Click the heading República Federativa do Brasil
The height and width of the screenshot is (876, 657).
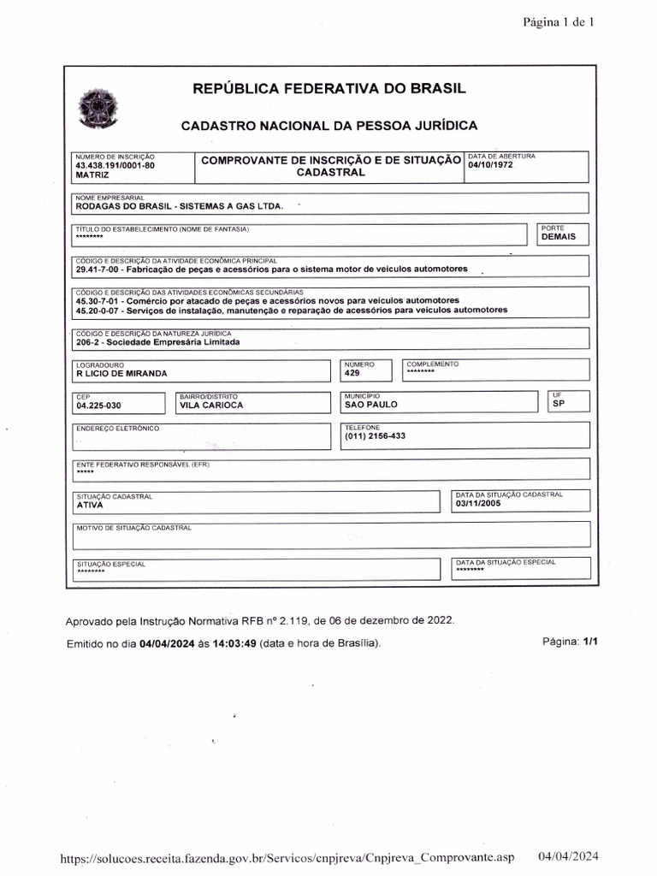click(x=329, y=89)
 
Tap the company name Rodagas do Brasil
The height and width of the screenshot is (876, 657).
click(x=180, y=206)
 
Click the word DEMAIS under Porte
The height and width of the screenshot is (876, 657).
click(x=559, y=237)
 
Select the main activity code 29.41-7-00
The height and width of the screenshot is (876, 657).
click(x=99, y=269)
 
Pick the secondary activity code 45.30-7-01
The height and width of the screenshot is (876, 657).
click(x=99, y=301)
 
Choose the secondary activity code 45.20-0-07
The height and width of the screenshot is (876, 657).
click(x=99, y=311)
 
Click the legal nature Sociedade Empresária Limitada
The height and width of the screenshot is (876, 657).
click(x=158, y=342)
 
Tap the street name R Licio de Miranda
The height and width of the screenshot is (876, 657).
click(x=121, y=374)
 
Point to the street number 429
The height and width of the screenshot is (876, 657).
click(x=352, y=374)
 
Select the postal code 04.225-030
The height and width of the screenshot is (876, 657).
click(x=101, y=405)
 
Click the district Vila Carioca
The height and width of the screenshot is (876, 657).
click(x=211, y=405)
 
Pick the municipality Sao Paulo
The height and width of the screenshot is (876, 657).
click(x=371, y=405)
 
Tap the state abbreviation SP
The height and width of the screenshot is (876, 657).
click(x=559, y=403)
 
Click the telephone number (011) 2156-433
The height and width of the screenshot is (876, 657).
click(x=375, y=436)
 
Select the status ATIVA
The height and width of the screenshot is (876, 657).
click(x=90, y=505)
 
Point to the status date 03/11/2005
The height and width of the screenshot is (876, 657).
click(x=480, y=504)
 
